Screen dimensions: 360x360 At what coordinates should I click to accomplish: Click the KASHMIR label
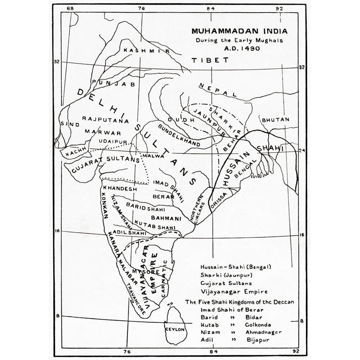coord(146,51)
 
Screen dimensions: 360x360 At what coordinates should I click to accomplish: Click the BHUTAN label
coord(276,120)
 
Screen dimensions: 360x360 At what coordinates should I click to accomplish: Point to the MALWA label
coord(154,156)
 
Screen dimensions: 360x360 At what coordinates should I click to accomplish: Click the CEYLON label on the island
coord(175,329)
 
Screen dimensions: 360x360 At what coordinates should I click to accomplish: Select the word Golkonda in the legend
coord(259,324)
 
